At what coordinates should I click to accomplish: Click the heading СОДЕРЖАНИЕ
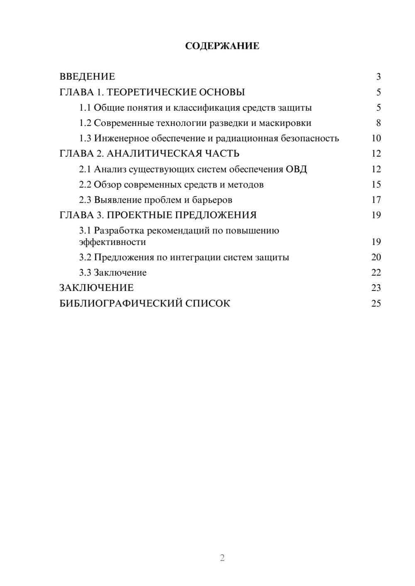click(222, 46)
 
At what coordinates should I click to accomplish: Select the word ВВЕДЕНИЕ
click(87, 77)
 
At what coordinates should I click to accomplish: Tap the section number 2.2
click(85, 184)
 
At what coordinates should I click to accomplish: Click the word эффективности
click(112, 242)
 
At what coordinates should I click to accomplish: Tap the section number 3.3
click(85, 273)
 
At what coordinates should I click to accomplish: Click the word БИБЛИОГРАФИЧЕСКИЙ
click(121, 303)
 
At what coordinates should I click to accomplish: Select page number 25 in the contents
click(376, 303)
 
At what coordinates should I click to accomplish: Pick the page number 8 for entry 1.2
click(378, 123)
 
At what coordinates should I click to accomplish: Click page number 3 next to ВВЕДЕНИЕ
click(378, 77)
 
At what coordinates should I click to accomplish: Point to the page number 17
click(376, 200)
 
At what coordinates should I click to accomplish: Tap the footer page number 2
click(222, 558)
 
